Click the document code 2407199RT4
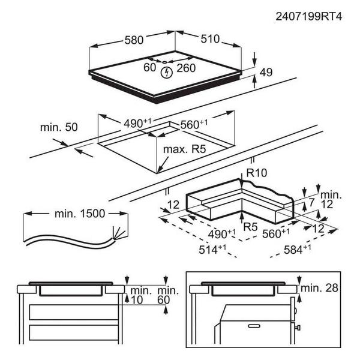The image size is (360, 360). point(309,17)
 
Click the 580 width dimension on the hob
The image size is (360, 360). point(134,40)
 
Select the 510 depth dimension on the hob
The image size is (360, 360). point(210,40)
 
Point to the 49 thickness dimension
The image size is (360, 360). point(266,73)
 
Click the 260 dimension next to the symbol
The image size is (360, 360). point(187,68)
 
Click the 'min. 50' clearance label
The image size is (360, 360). point(59,127)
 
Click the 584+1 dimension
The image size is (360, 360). point(298,248)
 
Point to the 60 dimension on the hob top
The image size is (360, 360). point(150,68)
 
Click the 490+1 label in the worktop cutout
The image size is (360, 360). point(137,124)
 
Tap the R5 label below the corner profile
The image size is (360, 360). point(251,226)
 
